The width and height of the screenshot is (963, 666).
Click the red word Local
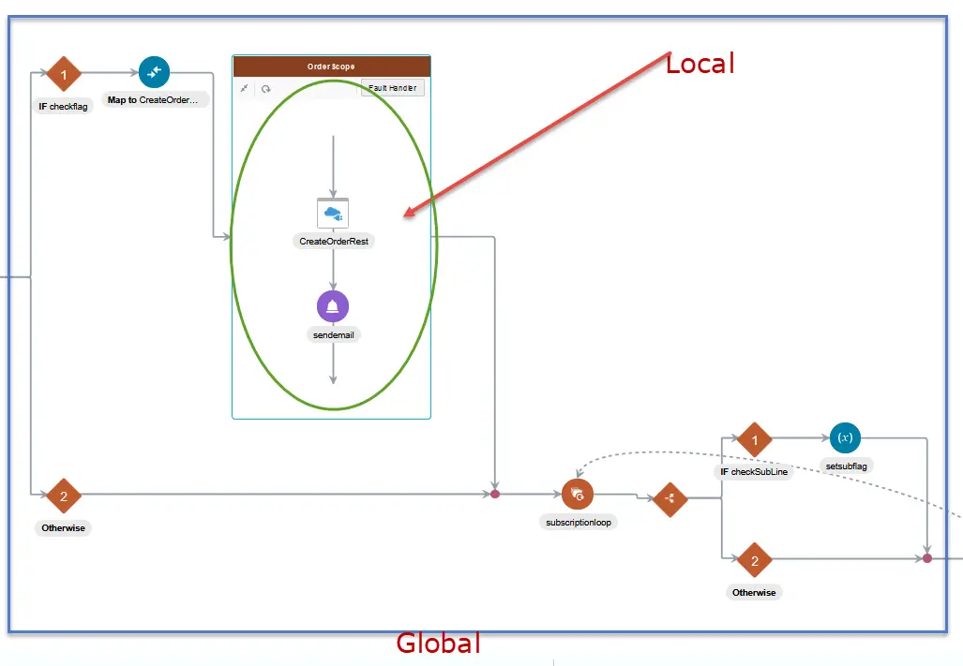pos(700,63)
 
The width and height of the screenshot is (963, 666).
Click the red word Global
pos(438,644)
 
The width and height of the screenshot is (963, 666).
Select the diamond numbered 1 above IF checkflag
pos(64,73)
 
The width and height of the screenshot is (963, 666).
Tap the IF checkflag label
pos(64,106)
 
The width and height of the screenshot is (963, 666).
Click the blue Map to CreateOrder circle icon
pos(154,71)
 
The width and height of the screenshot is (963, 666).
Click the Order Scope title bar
pos(332,67)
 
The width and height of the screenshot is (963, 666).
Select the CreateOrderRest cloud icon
pos(333,214)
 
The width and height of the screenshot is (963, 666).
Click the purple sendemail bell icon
pos(333,306)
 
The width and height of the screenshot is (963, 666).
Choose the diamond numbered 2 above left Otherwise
pos(64,496)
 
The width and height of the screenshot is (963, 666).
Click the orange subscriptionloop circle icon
pos(578,495)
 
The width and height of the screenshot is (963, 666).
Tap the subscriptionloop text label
pos(579,522)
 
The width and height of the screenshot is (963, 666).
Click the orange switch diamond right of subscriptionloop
pos(670,498)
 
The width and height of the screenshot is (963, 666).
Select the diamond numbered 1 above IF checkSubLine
pos(754,439)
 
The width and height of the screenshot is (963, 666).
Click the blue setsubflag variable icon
pos(845,437)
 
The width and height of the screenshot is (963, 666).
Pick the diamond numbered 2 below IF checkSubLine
pos(754,560)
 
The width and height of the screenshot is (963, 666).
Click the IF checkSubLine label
pos(754,472)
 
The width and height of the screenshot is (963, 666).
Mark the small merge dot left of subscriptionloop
pos(494,493)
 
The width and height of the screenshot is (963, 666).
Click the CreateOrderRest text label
pos(333,241)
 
